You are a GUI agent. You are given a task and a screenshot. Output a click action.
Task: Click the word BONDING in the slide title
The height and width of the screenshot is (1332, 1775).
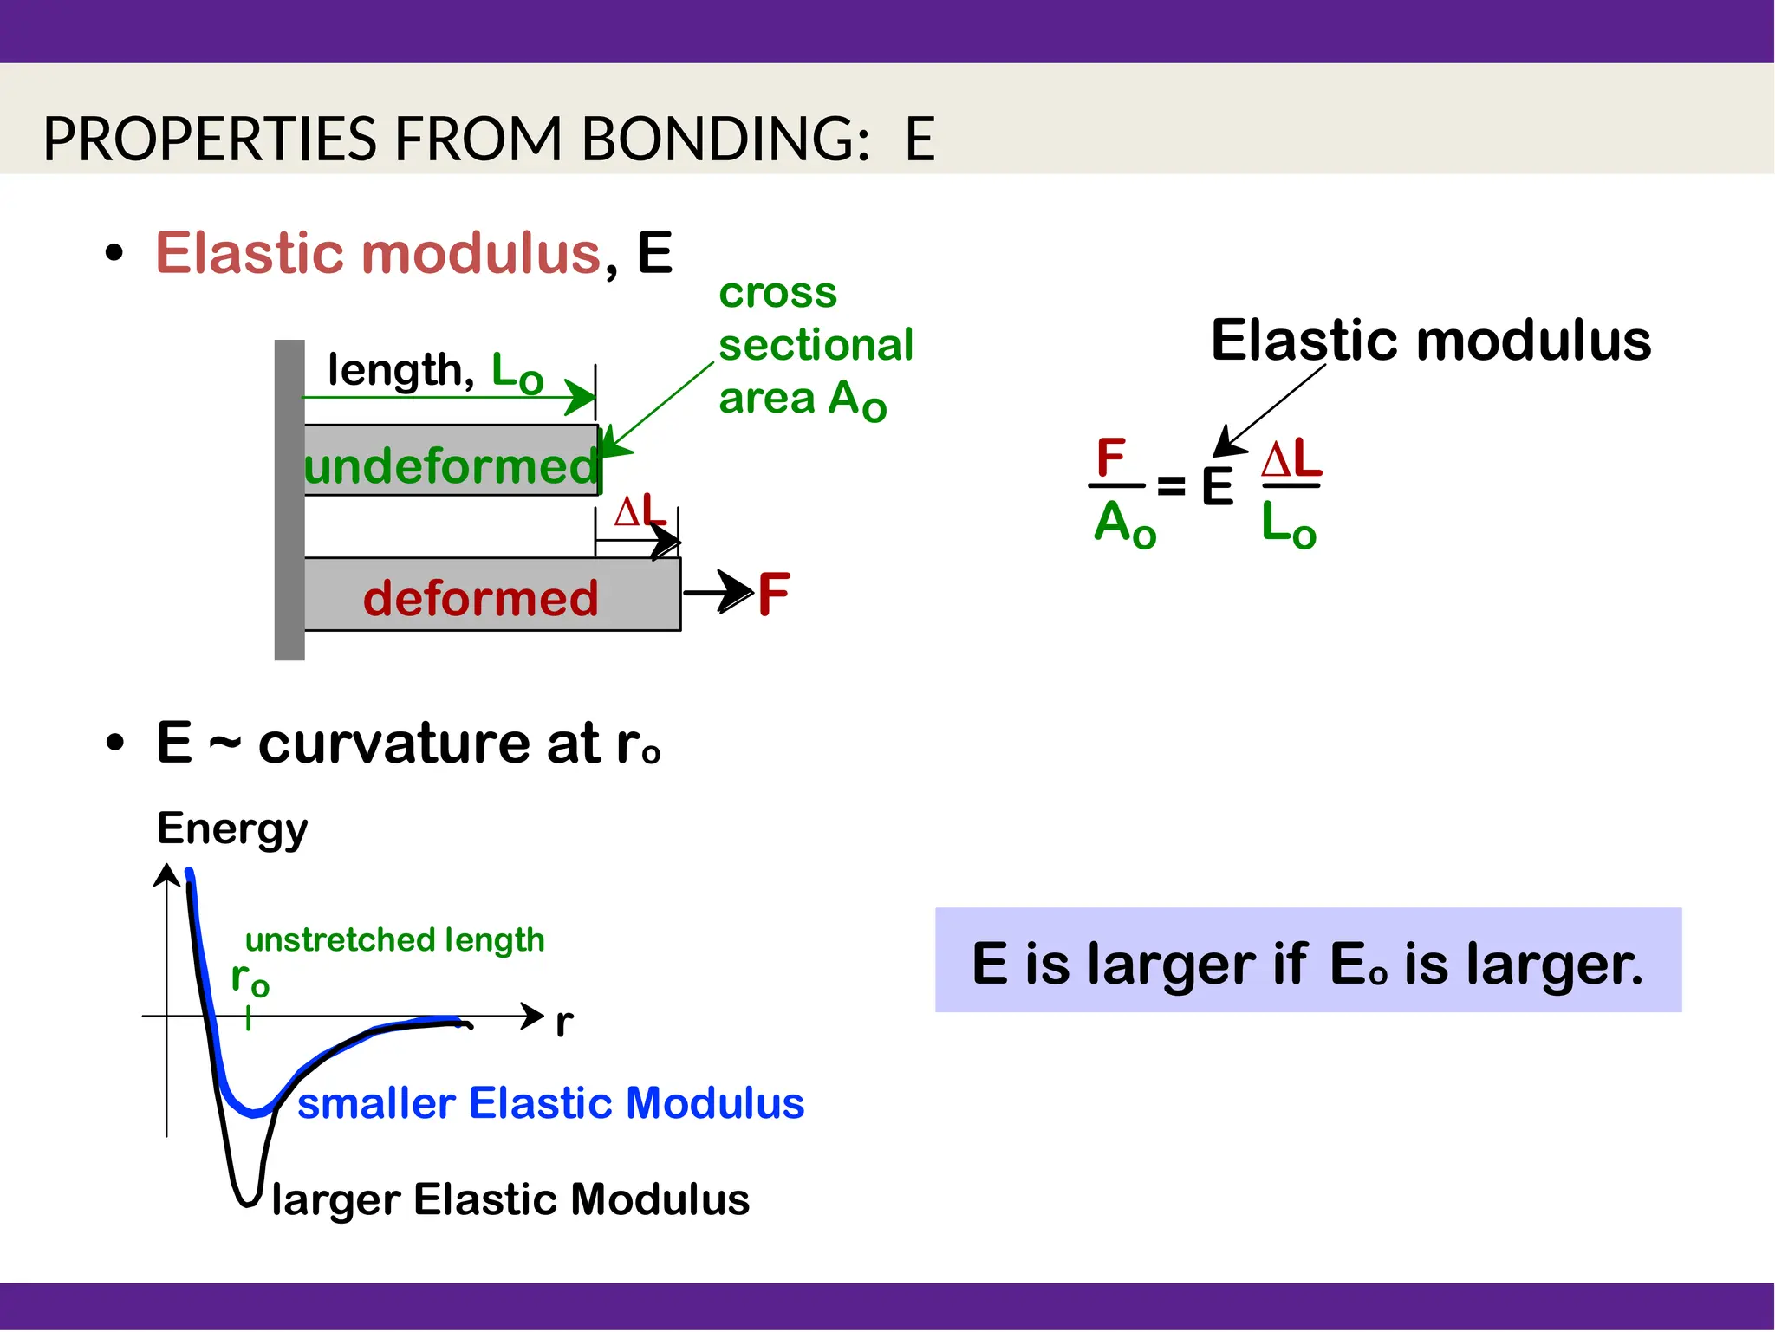click(725, 139)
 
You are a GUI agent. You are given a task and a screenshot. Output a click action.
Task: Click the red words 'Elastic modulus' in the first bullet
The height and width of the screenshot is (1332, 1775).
click(378, 253)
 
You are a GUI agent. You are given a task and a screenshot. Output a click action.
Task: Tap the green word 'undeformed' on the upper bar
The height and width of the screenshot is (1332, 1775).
click(451, 466)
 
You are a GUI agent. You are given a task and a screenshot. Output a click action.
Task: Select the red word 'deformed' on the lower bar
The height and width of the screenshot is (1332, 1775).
click(480, 598)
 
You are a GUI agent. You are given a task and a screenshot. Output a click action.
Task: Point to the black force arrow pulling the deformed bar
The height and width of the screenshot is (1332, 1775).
click(717, 593)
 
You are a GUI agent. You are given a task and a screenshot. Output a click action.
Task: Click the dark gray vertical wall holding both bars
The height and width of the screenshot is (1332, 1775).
click(289, 499)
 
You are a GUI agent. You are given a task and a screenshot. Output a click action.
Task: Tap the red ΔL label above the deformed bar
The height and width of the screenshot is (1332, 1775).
click(640, 511)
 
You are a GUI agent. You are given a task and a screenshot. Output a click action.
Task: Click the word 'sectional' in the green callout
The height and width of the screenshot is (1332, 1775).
click(816, 345)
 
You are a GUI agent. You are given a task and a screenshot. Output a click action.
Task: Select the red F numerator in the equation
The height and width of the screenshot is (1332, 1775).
click(1110, 457)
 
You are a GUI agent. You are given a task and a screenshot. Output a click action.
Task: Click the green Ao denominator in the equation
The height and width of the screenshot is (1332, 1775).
click(1124, 524)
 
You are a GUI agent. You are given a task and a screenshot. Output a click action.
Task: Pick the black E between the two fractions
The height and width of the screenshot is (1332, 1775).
click(1217, 486)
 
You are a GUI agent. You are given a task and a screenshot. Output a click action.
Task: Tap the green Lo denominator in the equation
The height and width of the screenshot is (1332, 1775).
click(1288, 524)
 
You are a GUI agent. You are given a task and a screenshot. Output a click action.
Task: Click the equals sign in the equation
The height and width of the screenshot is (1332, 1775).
click(1171, 486)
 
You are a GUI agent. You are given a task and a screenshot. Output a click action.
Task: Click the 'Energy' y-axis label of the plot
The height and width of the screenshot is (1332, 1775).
click(232, 828)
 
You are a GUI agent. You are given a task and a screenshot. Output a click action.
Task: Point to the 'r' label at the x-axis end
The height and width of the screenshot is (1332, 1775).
click(564, 1023)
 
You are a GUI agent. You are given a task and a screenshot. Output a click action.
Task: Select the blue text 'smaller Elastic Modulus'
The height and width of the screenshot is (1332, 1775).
click(550, 1103)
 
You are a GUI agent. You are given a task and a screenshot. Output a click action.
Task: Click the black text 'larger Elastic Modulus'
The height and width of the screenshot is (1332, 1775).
click(510, 1199)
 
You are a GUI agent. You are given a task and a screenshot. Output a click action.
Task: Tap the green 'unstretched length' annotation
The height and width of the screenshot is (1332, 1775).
click(394, 939)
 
